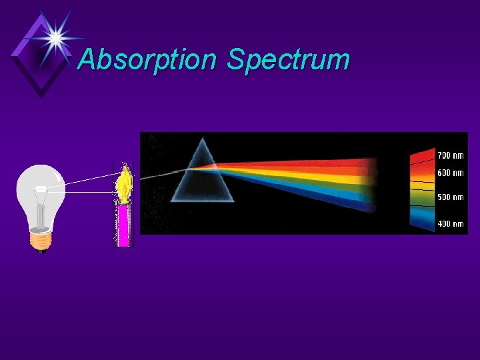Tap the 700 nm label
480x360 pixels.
click(450, 155)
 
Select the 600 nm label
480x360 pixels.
click(450, 173)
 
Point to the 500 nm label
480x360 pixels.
click(450, 197)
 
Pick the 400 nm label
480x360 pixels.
click(450, 223)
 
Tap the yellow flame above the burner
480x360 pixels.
click(123, 183)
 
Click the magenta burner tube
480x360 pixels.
click(123, 225)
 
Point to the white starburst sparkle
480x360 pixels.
click(55, 36)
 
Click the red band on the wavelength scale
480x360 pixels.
click(422, 160)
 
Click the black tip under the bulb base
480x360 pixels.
click(41, 251)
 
